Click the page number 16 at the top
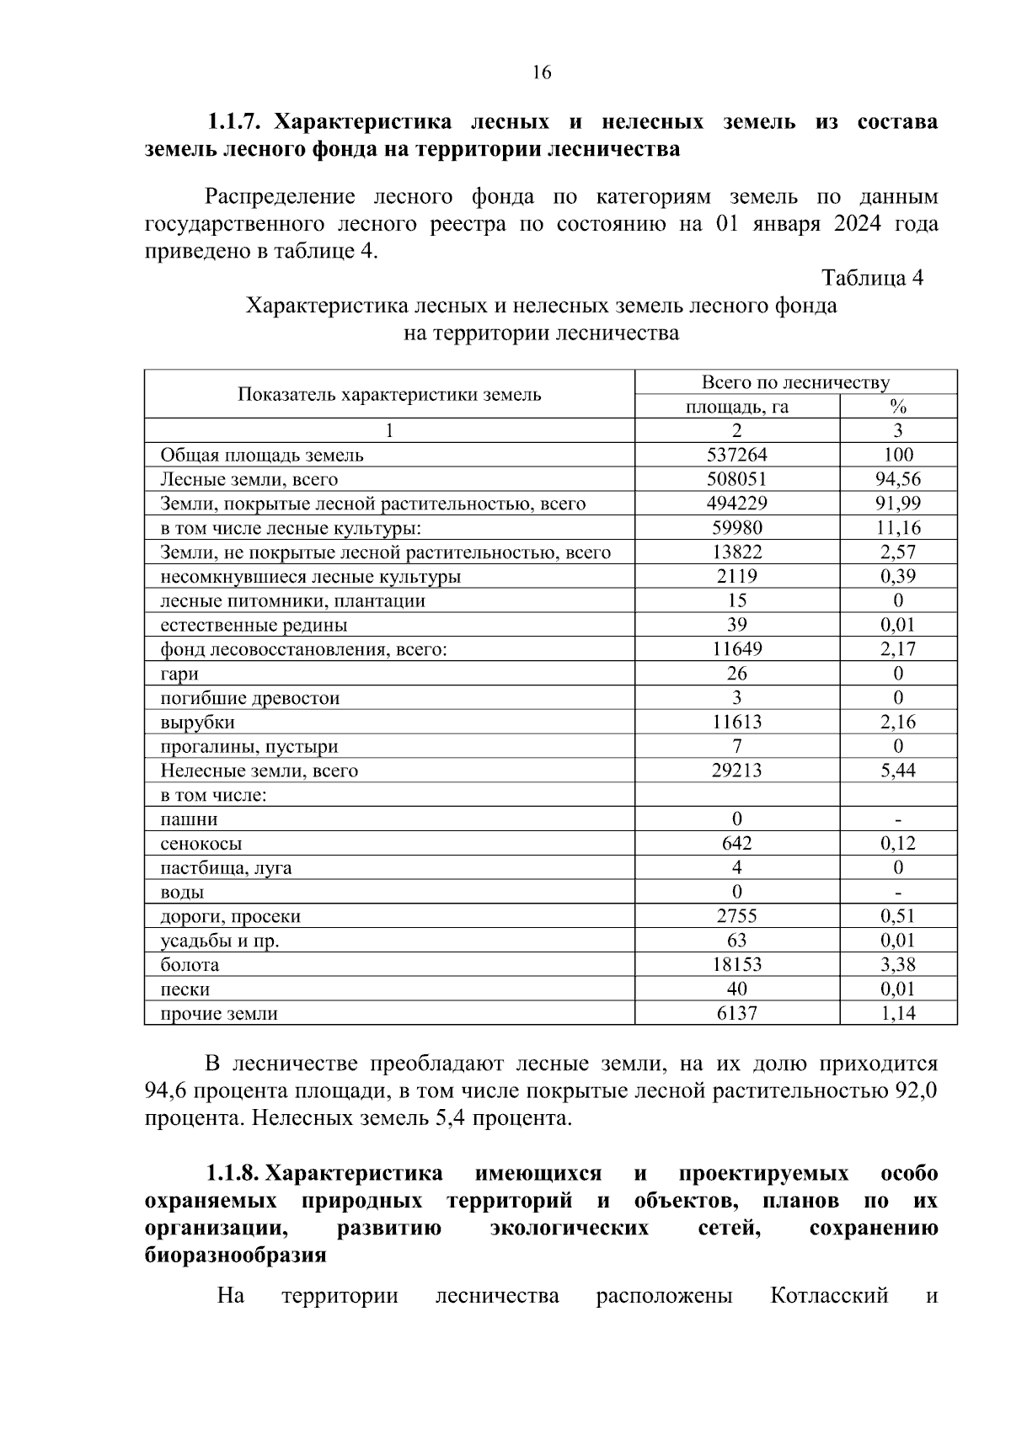(x=542, y=72)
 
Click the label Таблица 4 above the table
(x=872, y=279)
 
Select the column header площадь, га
(x=736, y=408)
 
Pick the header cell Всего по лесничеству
(x=795, y=383)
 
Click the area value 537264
(x=736, y=456)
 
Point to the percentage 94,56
(x=898, y=480)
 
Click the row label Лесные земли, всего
(x=249, y=480)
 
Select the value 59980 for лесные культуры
(x=736, y=529)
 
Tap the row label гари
(x=179, y=675)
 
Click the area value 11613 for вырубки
(x=736, y=722)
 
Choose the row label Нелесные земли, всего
(x=259, y=771)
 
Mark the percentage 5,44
(x=898, y=771)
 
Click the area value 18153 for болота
(x=736, y=965)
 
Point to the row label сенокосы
(x=201, y=844)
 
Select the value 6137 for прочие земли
(x=736, y=1014)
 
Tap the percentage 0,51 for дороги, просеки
(x=898, y=917)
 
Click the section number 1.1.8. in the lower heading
(x=235, y=1174)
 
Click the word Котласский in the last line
(x=829, y=1295)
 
